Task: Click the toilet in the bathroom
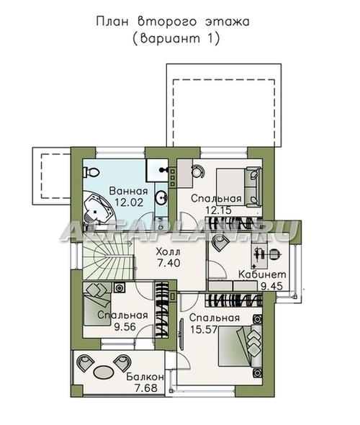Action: [x=91, y=172]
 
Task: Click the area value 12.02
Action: [x=128, y=202]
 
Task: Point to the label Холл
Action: [x=168, y=252]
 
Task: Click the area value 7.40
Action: [x=168, y=263]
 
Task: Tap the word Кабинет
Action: [x=262, y=274]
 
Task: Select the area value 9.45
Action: [x=271, y=286]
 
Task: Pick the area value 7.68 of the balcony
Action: [x=145, y=388]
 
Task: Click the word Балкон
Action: [x=145, y=377]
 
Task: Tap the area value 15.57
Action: [x=204, y=329]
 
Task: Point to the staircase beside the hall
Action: [x=108, y=260]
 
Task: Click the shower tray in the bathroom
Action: [x=157, y=170]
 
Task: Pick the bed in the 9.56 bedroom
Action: [x=96, y=303]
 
